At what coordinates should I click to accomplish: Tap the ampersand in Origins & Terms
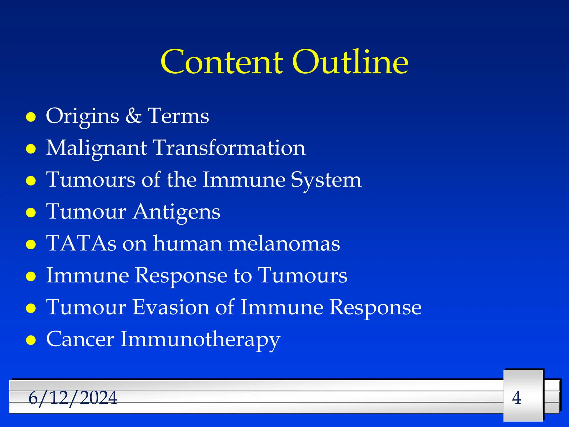pyautogui.click(x=133, y=116)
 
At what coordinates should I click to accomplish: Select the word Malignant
pyautogui.click(x=96, y=148)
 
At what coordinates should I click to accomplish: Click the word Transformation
pyautogui.click(x=229, y=148)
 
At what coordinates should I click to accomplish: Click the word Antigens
pyautogui.click(x=177, y=212)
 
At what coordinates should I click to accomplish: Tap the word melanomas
pyautogui.click(x=284, y=244)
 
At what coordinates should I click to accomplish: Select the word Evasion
pyautogui.click(x=171, y=307)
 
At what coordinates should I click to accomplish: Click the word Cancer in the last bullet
pyautogui.click(x=80, y=339)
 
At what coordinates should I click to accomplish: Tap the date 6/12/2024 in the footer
pyautogui.click(x=73, y=398)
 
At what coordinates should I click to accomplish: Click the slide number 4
pyautogui.click(x=516, y=398)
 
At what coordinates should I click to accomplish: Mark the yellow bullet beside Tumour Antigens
pyautogui.click(x=31, y=213)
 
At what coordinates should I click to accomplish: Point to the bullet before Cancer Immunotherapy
pyautogui.click(x=31, y=340)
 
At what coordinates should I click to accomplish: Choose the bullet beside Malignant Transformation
pyautogui.click(x=31, y=149)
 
